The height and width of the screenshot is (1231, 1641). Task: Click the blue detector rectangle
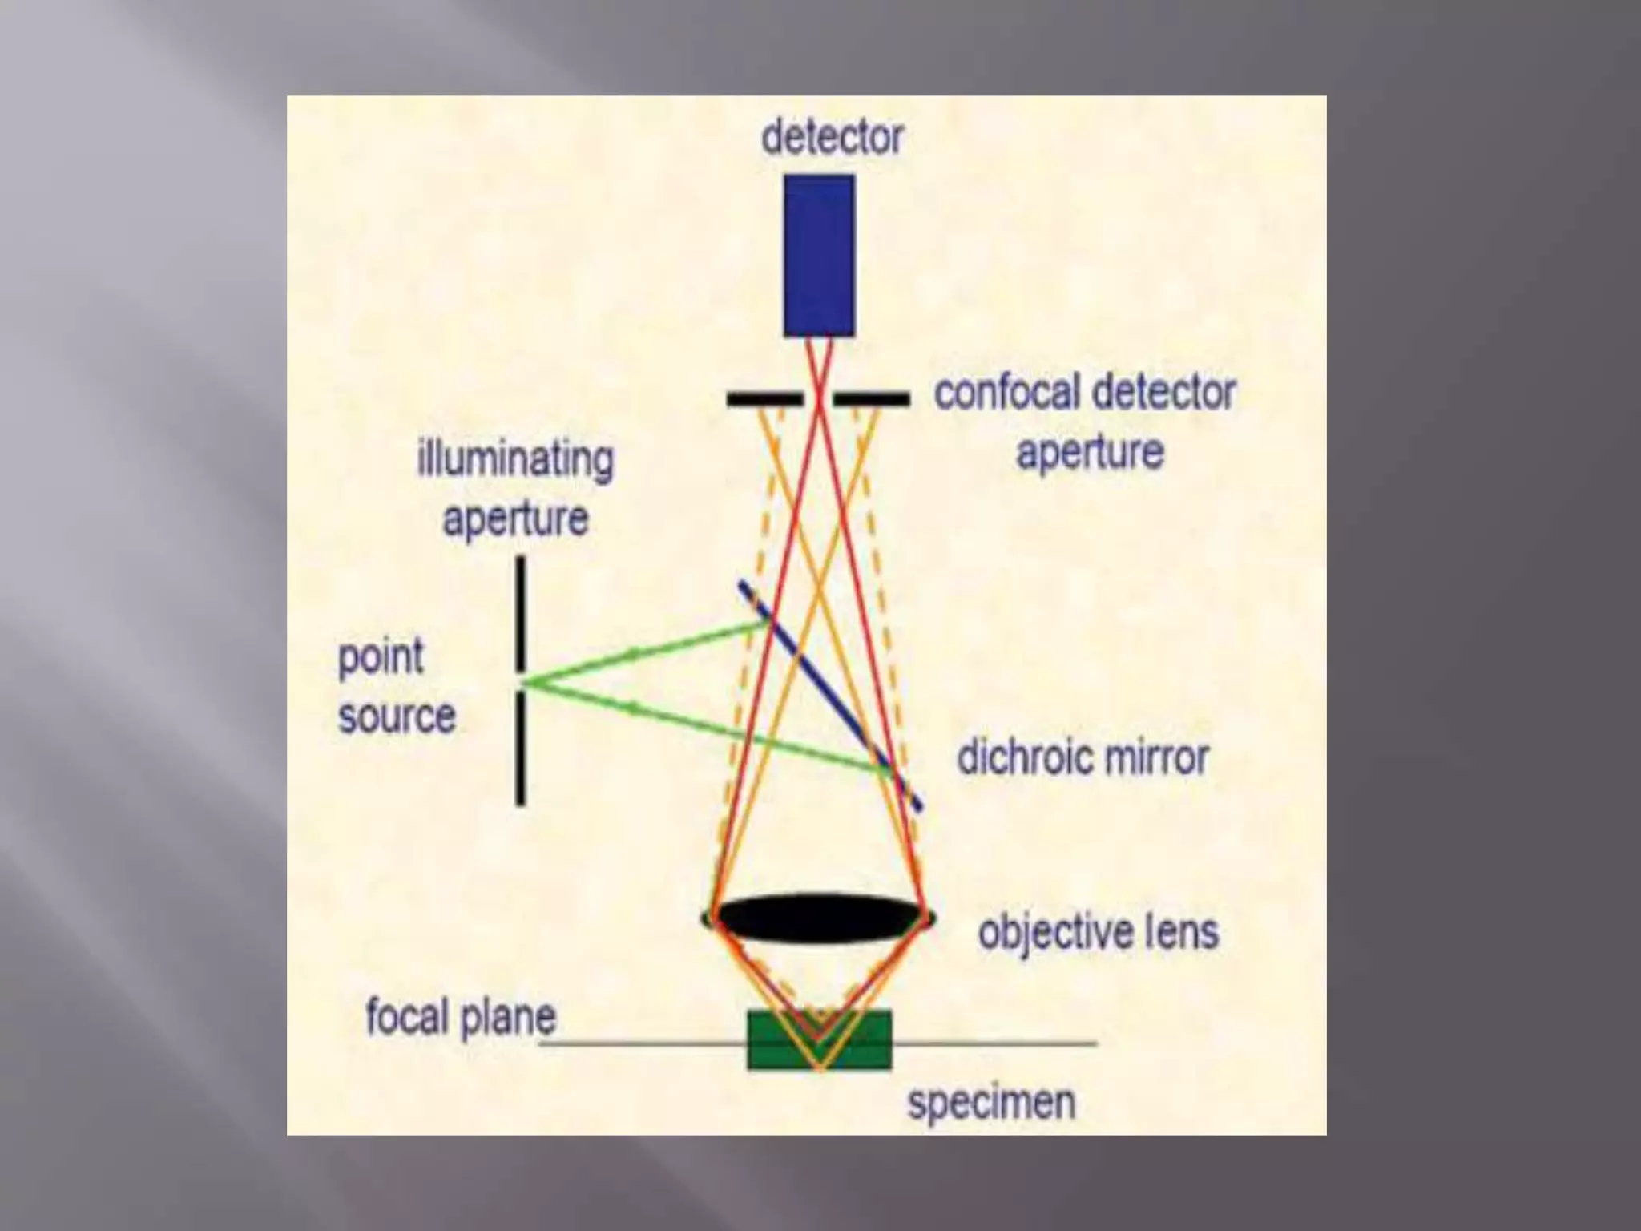point(819,255)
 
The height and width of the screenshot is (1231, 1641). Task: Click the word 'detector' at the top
point(832,137)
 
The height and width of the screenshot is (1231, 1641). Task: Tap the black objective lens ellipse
point(818,918)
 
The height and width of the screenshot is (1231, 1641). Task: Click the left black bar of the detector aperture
point(764,398)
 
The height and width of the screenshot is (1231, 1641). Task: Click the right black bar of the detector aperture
point(872,398)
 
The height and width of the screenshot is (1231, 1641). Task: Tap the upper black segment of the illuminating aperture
point(521,614)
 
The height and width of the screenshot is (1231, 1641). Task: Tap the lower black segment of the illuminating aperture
point(521,749)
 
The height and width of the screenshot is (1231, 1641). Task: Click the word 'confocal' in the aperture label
point(1006,393)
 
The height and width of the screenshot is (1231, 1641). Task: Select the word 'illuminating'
point(515,460)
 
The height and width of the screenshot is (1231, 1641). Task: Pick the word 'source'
point(397,716)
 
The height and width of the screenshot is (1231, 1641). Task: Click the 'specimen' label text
point(991,1103)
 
